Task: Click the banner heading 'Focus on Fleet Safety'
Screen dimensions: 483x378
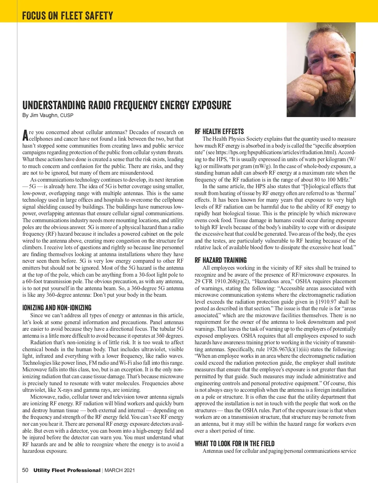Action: tap(67, 15)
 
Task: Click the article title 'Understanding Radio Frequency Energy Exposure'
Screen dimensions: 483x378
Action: tap(127, 105)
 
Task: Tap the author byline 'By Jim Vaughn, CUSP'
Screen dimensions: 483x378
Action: tap(48, 115)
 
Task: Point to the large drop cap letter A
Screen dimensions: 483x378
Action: tap(25, 135)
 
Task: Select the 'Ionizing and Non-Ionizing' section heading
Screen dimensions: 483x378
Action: tap(57, 308)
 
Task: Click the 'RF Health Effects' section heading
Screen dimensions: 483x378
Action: tap(219, 132)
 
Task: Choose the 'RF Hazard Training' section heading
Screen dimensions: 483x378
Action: tap(220, 260)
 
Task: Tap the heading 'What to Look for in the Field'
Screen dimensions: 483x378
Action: tap(234, 444)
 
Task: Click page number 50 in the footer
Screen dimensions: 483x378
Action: tap(25, 470)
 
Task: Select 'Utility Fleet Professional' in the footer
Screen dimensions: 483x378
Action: tap(67, 470)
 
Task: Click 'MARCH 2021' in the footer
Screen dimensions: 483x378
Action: tap(120, 470)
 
